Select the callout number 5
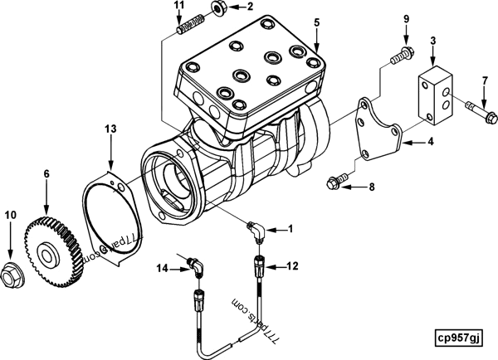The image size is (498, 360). click(x=316, y=22)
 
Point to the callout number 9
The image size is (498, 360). click(x=407, y=18)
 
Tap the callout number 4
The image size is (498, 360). click(x=431, y=142)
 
